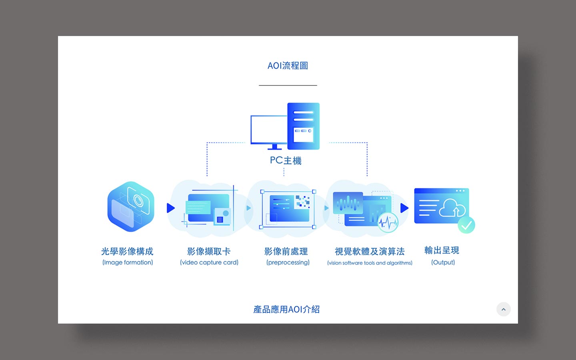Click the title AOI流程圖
tap(288, 66)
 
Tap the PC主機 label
tap(286, 160)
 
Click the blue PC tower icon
tap(304, 126)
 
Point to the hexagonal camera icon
tap(131, 206)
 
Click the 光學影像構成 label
tap(127, 251)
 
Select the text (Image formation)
tap(128, 262)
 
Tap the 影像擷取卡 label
tap(209, 251)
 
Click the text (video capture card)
tap(209, 262)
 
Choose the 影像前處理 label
tap(286, 251)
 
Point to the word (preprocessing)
tap(288, 262)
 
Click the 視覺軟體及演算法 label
tap(370, 251)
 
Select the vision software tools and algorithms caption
tap(370, 263)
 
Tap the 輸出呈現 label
tap(442, 250)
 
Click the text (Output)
tap(443, 262)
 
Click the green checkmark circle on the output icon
tap(466, 225)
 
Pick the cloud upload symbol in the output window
tap(452, 208)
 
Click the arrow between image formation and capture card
tap(171, 208)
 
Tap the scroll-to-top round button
tap(504, 309)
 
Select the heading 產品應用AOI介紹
tap(286, 309)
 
